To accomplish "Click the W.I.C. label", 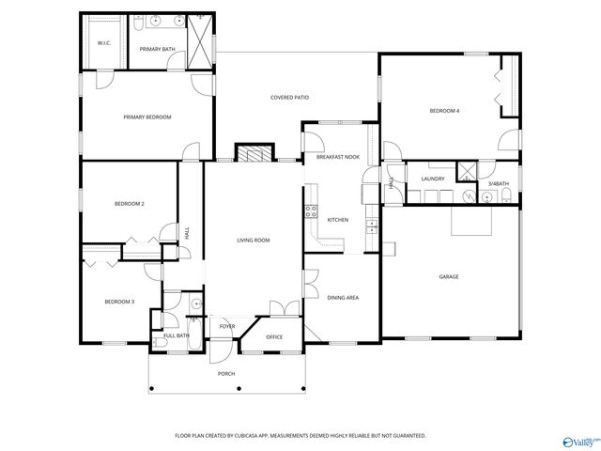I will click(104, 42).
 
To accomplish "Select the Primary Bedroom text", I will click(147, 117).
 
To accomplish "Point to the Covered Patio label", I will click(289, 98).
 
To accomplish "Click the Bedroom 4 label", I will click(444, 111).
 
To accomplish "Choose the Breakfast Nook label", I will click(338, 157).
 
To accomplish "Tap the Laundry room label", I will click(432, 179).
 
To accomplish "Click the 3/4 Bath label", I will click(498, 183).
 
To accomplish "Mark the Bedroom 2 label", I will click(129, 204).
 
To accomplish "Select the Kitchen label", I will click(337, 220).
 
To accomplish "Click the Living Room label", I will click(253, 241).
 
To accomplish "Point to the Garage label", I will click(449, 277).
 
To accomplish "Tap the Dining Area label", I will click(343, 298).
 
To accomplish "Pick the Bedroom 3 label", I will click(119, 302).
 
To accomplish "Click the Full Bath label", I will click(177, 335).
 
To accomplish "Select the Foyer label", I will click(227, 327).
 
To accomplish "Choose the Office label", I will click(274, 336).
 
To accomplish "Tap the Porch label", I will click(226, 374).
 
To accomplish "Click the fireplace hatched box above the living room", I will click(253, 154).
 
